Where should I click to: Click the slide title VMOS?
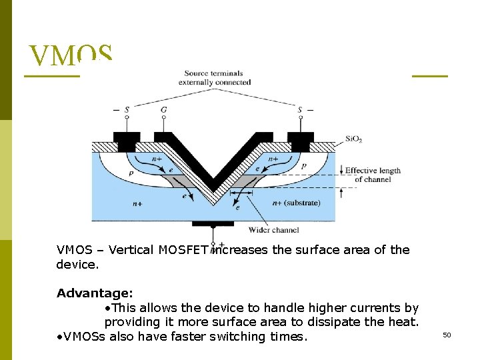pyautogui.click(x=71, y=56)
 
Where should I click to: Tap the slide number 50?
pyautogui.click(x=447, y=335)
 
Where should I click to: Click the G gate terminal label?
pyautogui.click(x=164, y=110)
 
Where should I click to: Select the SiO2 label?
pyautogui.click(x=354, y=139)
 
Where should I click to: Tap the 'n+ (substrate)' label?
pyautogui.click(x=297, y=203)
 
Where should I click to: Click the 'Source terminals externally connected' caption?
pyautogui.click(x=215, y=78)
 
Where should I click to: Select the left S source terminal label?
pyautogui.click(x=126, y=110)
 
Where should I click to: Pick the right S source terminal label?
pyautogui.click(x=300, y=110)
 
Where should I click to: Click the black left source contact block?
pyautogui.click(x=126, y=141)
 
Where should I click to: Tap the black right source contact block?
pyautogui.click(x=300, y=141)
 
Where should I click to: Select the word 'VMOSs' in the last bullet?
pyautogui.click(x=82, y=337)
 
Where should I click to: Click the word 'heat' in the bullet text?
pyautogui.click(x=403, y=322)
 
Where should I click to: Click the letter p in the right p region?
pyautogui.click(x=304, y=165)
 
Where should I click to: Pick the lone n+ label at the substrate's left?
pyautogui.click(x=137, y=203)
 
